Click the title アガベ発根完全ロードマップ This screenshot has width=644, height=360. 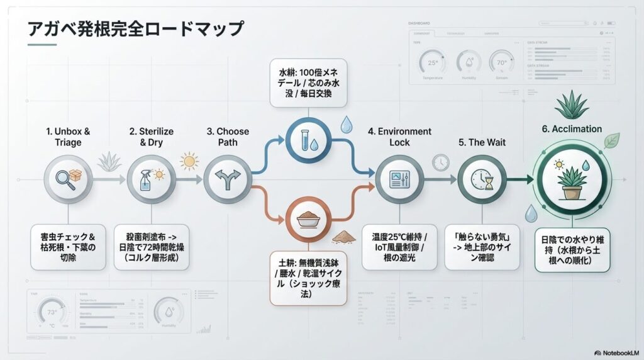[135, 30]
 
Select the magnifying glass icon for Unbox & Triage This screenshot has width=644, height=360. [69, 179]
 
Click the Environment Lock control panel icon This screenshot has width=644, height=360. [399, 179]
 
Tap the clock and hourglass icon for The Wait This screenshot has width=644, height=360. [482, 179]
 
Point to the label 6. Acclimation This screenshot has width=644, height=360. [572, 129]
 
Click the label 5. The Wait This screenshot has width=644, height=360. [482, 142]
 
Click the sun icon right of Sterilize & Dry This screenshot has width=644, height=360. [188, 161]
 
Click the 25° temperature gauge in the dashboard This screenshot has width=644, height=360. [433, 64]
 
